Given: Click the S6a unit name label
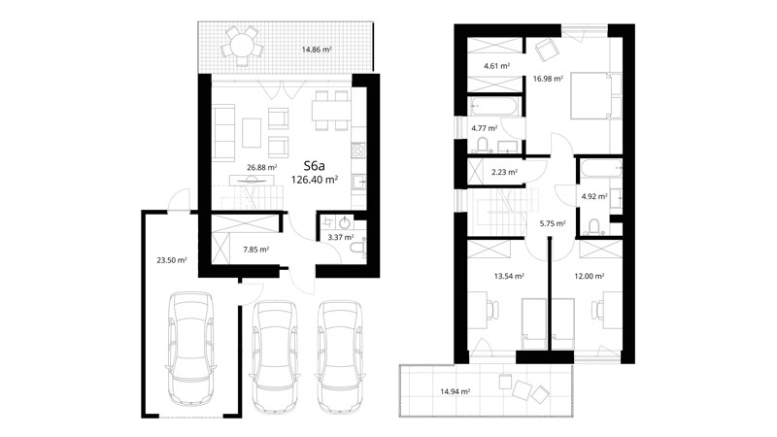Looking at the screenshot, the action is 314,165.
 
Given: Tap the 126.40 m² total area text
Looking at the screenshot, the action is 314,180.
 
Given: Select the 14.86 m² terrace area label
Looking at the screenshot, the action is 317,50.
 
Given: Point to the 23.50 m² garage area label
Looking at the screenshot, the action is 172,259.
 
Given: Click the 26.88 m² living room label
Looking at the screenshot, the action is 261,167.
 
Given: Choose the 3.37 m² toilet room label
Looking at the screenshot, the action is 341,237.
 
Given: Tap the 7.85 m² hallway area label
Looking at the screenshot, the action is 255,250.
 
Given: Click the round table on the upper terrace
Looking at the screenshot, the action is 241,45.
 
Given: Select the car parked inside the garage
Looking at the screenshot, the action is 191,349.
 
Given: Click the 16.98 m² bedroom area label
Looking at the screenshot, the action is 548,79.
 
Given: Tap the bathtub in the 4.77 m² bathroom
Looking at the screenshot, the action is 494,106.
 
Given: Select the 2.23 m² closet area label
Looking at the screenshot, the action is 504,173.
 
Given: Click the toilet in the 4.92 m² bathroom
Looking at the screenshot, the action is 593,226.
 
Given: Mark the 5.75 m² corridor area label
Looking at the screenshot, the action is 553,223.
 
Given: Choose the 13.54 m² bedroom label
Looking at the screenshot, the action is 509,277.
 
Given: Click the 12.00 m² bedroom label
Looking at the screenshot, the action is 590,277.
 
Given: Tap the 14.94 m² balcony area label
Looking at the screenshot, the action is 455,392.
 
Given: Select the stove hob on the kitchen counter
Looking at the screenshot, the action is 358,150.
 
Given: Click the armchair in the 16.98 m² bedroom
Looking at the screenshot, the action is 546,50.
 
